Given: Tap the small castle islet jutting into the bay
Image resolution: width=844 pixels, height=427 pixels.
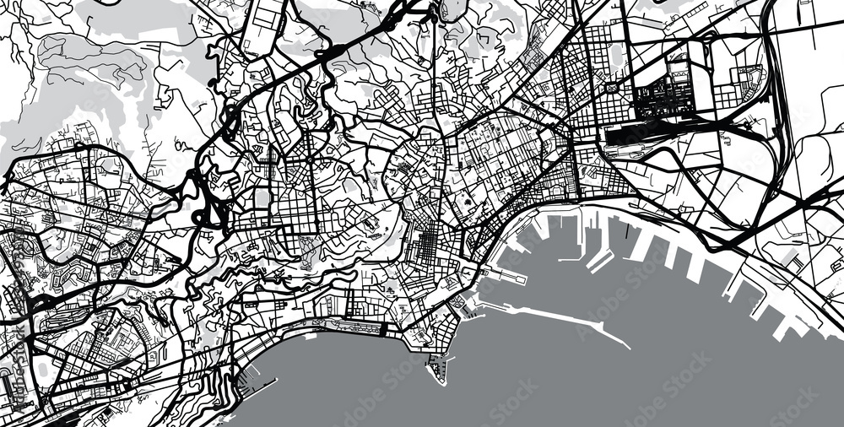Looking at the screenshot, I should coord(436,369).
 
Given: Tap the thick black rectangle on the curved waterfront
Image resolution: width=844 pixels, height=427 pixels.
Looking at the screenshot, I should coord(384,328).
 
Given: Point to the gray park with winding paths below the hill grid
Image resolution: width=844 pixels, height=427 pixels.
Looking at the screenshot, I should coord(308,248).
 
